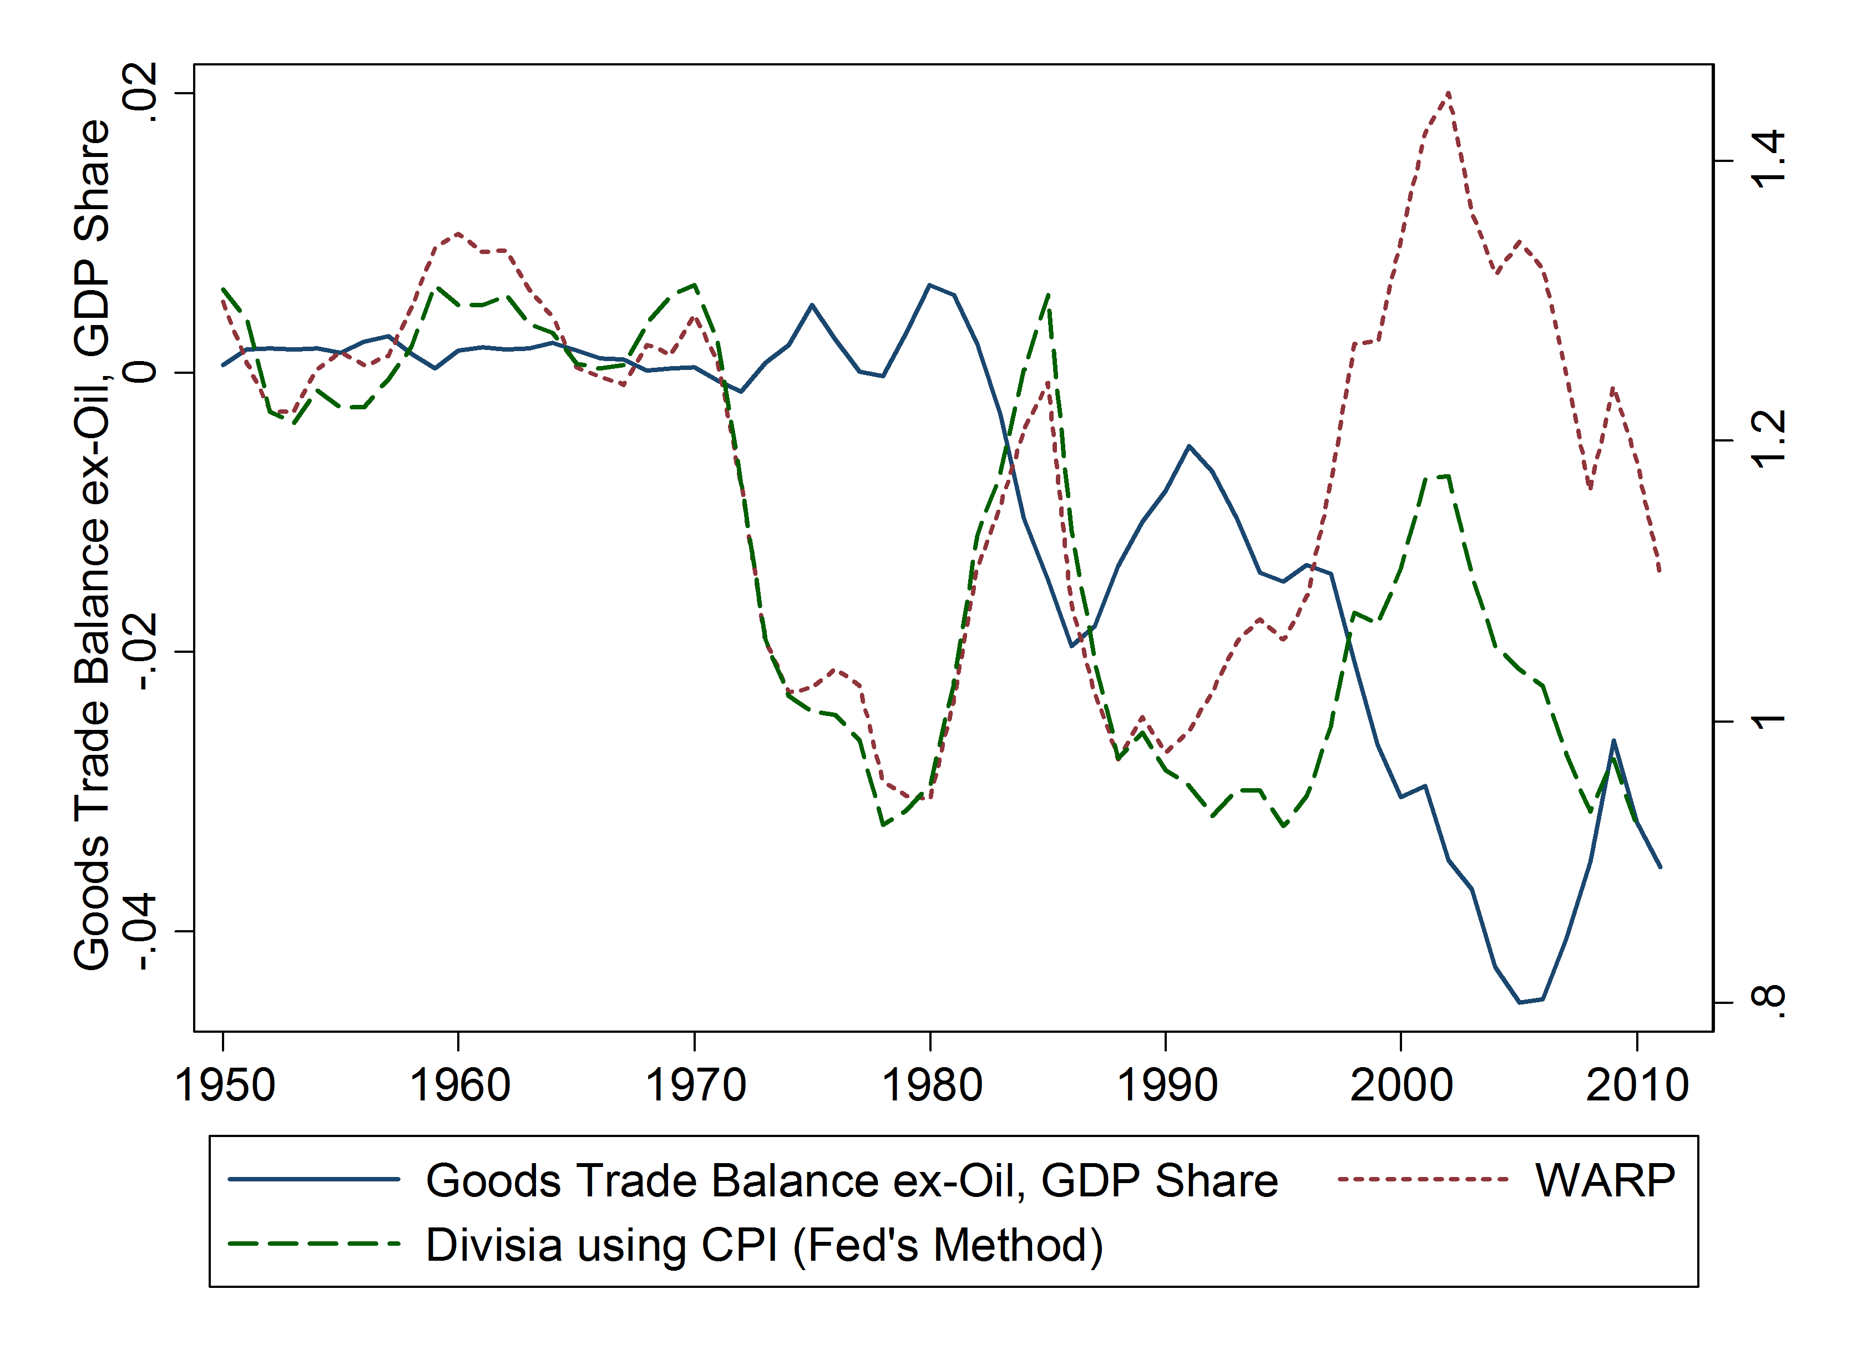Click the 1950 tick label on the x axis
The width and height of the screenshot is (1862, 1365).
click(x=224, y=1085)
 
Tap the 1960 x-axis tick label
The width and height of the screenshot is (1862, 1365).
click(x=459, y=1085)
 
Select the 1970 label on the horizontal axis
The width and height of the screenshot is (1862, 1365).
click(x=695, y=1085)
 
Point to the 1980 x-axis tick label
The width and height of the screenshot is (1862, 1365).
click(x=932, y=1085)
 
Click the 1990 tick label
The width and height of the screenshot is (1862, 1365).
click(x=1167, y=1085)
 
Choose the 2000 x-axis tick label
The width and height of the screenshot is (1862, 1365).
click(x=1401, y=1085)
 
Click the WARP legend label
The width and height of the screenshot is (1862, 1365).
click(x=1605, y=1180)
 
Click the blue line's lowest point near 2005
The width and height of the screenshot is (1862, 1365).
click(x=1519, y=1002)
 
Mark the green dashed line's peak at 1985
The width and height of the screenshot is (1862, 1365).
click(x=1048, y=294)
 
